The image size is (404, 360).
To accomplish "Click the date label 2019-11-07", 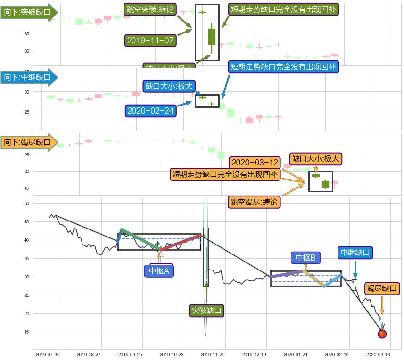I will (x=151, y=40).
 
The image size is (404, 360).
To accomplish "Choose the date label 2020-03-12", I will (x=255, y=163).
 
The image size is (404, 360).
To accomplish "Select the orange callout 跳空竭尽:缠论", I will (x=254, y=202).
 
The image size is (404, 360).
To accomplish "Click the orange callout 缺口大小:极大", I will (x=315, y=159).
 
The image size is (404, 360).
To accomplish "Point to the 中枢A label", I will (x=159, y=270).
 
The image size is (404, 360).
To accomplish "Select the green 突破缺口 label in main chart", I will (x=206, y=311).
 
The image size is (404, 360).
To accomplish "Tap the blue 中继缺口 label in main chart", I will (x=356, y=253).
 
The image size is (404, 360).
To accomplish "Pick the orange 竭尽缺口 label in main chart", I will (x=382, y=288).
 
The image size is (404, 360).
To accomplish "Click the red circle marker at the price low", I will (x=382, y=334).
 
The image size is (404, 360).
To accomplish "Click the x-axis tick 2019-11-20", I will (x=215, y=355).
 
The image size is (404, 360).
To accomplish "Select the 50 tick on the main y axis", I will (x=26, y=203).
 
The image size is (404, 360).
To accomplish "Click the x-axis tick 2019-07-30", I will (x=48, y=355).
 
